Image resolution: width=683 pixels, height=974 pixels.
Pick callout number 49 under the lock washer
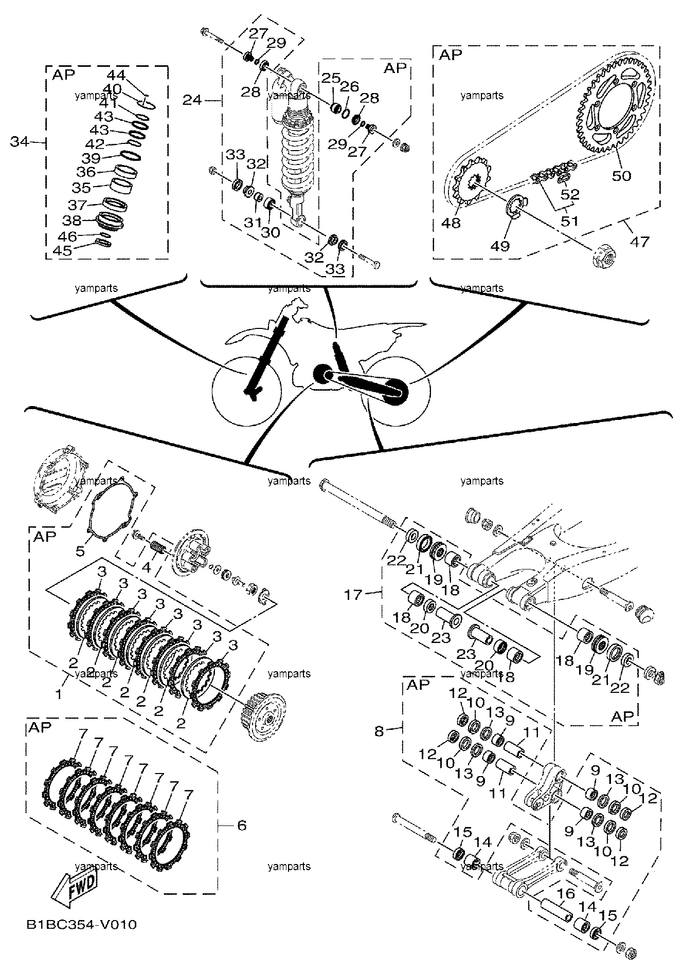click(x=499, y=246)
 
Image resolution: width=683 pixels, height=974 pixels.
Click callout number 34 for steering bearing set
click(x=21, y=141)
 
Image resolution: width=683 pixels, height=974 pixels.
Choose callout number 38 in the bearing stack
click(x=72, y=221)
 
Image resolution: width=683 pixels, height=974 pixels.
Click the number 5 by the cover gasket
click(x=80, y=552)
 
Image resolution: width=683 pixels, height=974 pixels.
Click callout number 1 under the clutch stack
click(x=60, y=695)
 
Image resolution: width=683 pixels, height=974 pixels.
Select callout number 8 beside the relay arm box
click(x=379, y=731)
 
